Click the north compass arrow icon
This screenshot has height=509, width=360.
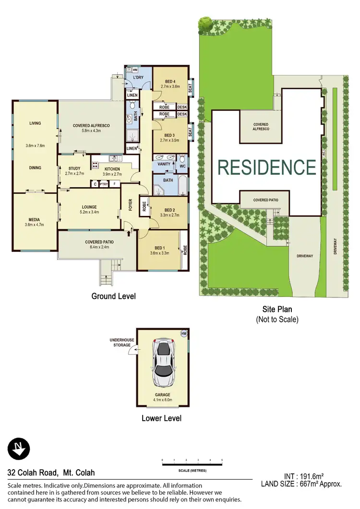18,450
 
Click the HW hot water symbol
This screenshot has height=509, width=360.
183,333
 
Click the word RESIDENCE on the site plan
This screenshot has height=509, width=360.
266,167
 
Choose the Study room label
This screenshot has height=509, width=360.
74,168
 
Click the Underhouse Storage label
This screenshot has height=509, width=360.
122,342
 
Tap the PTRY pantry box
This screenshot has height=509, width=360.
104,184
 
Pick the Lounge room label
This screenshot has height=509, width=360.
89,207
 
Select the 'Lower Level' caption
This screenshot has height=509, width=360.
161,418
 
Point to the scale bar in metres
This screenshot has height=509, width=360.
192,463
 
